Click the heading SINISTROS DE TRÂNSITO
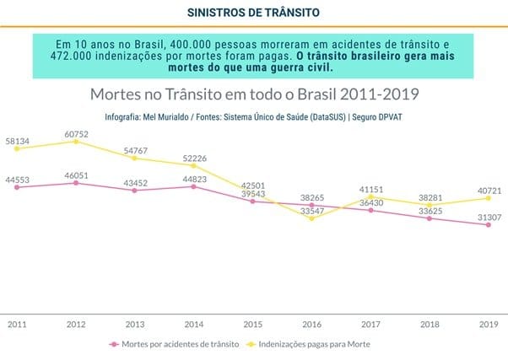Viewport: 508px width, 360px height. click(253, 12)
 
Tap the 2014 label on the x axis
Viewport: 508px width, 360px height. click(193, 323)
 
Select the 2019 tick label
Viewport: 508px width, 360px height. click(488, 323)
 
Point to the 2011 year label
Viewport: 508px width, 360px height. click(16, 323)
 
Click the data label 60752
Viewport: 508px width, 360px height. click(75, 133)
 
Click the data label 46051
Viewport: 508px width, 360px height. click(75, 174)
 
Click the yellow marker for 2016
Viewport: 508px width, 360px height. click(311, 218)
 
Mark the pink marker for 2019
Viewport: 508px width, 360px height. click(488, 225)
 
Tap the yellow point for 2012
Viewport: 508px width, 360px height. click(75, 142)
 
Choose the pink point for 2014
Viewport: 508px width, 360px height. click(193, 186)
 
